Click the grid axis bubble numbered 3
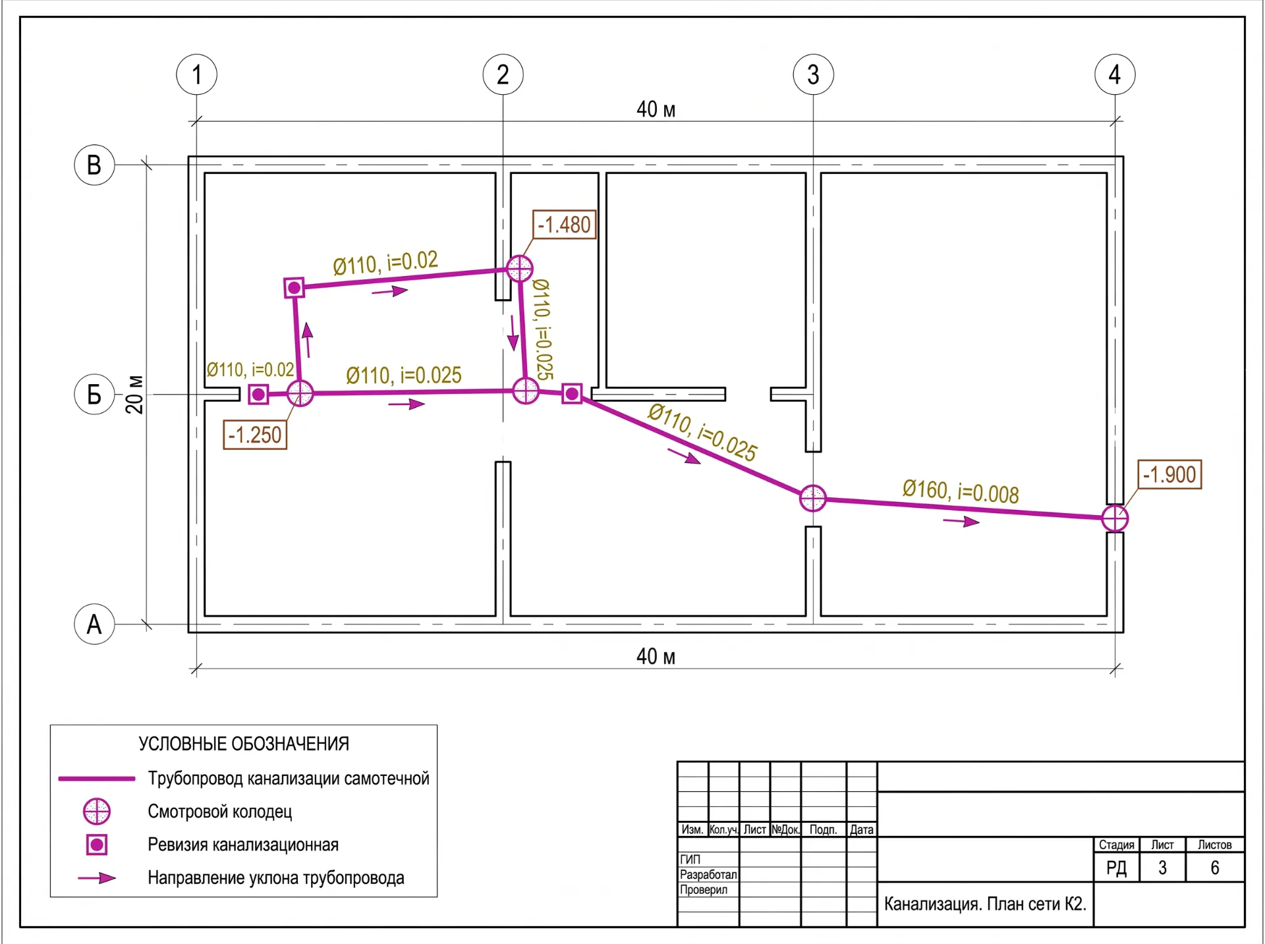coord(813,74)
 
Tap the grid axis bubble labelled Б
coord(94,394)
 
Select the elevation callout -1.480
coord(565,225)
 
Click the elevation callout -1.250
coord(255,435)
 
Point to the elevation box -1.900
coord(1169,474)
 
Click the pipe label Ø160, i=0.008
coord(961,491)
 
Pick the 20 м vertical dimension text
coord(134,394)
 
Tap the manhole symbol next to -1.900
coord(1115,518)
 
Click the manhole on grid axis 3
coord(813,498)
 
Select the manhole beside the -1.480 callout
coord(520,269)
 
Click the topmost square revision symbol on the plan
coord(294,288)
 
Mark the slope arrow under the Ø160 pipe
coord(961,522)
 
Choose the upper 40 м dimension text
coord(656,109)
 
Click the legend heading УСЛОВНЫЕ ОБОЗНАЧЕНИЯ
coord(244,744)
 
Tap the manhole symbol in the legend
coord(97,812)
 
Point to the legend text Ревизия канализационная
coord(243,845)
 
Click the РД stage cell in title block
coord(1117,868)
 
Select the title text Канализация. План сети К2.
coord(985,904)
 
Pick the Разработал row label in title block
coord(708,875)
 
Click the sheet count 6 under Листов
coord(1215,868)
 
